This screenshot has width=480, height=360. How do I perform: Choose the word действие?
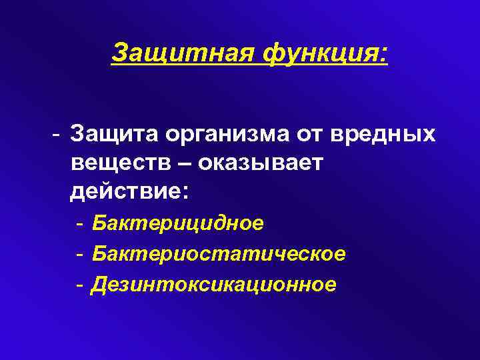click(x=126, y=192)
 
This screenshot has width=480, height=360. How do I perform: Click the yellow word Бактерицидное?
click(x=178, y=223)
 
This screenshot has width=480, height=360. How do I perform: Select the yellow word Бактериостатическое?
click(x=219, y=254)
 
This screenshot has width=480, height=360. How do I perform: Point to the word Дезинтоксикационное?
click(x=214, y=285)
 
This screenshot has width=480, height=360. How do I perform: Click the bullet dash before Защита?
click(x=59, y=135)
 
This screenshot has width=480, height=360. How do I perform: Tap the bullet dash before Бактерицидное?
click(x=79, y=223)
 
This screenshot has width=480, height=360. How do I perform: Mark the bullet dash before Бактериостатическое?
click(x=79, y=255)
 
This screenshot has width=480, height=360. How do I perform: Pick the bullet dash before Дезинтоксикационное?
click(x=79, y=285)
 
